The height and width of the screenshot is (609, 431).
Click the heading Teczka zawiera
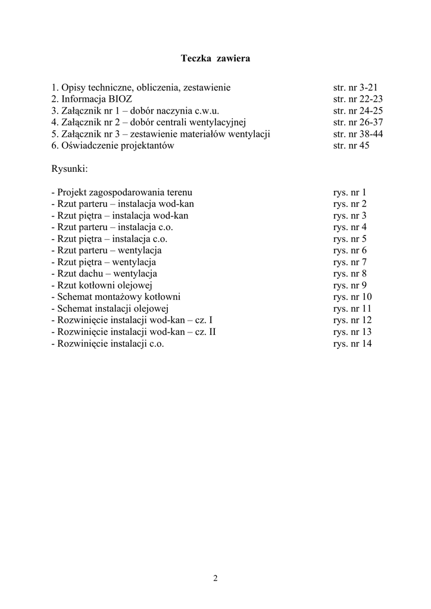215,59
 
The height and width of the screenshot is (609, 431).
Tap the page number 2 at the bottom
215,578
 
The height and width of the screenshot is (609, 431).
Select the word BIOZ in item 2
120,99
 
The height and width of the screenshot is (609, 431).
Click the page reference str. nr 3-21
355,88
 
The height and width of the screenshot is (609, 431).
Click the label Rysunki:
70,169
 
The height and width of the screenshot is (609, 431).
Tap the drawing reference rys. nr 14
352,344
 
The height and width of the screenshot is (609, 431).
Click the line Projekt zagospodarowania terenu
122,193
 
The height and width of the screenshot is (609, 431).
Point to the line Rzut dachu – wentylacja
104,274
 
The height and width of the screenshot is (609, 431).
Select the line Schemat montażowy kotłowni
116,297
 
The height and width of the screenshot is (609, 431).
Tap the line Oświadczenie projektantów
113,146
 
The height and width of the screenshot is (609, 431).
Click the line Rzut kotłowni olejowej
102,285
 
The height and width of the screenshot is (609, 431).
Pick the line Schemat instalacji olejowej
111,309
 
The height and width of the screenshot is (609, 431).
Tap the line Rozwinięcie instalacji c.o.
108,344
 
